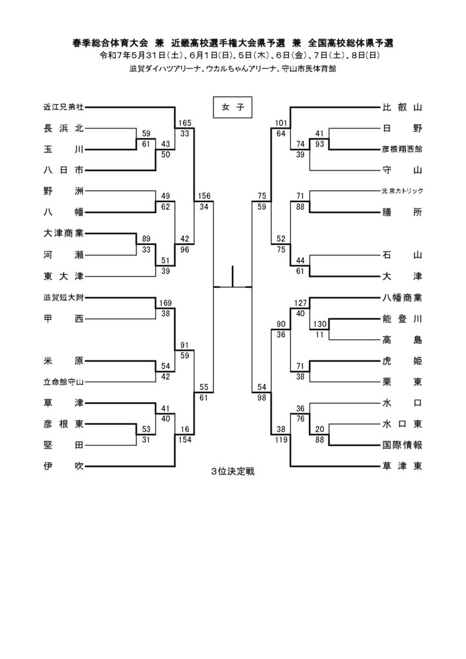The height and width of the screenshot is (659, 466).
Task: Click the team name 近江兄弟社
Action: (x=64, y=107)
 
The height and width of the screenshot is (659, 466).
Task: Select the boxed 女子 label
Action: (x=232, y=107)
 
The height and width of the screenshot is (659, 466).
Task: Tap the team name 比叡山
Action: (x=402, y=107)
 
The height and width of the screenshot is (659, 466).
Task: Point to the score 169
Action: (x=165, y=302)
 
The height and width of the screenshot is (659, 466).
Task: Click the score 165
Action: (x=185, y=123)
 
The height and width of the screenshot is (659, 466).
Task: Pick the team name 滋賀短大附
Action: (x=64, y=297)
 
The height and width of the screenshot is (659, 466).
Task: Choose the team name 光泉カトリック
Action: (x=402, y=190)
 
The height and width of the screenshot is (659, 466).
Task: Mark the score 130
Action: (x=319, y=324)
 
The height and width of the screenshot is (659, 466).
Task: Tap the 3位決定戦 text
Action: (x=233, y=471)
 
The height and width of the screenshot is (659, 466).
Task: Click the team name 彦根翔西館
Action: (x=402, y=149)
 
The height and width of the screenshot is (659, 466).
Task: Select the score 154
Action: (x=185, y=440)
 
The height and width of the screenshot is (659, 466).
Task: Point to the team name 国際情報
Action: (x=402, y=445)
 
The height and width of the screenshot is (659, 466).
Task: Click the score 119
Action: (x=281, y=440)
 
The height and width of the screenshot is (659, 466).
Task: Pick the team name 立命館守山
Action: (x=64, y=382)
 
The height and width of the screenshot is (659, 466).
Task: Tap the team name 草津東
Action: (x=402, y=466)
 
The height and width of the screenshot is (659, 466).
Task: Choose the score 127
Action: (x=301, y=302)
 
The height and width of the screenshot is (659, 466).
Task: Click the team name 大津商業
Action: (x=64, y=233)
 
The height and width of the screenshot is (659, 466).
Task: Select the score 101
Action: (x=281, y=123)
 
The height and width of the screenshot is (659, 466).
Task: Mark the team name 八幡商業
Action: (x=402, y=297)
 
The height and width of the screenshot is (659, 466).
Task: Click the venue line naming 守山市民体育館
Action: (x=233, y=69)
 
